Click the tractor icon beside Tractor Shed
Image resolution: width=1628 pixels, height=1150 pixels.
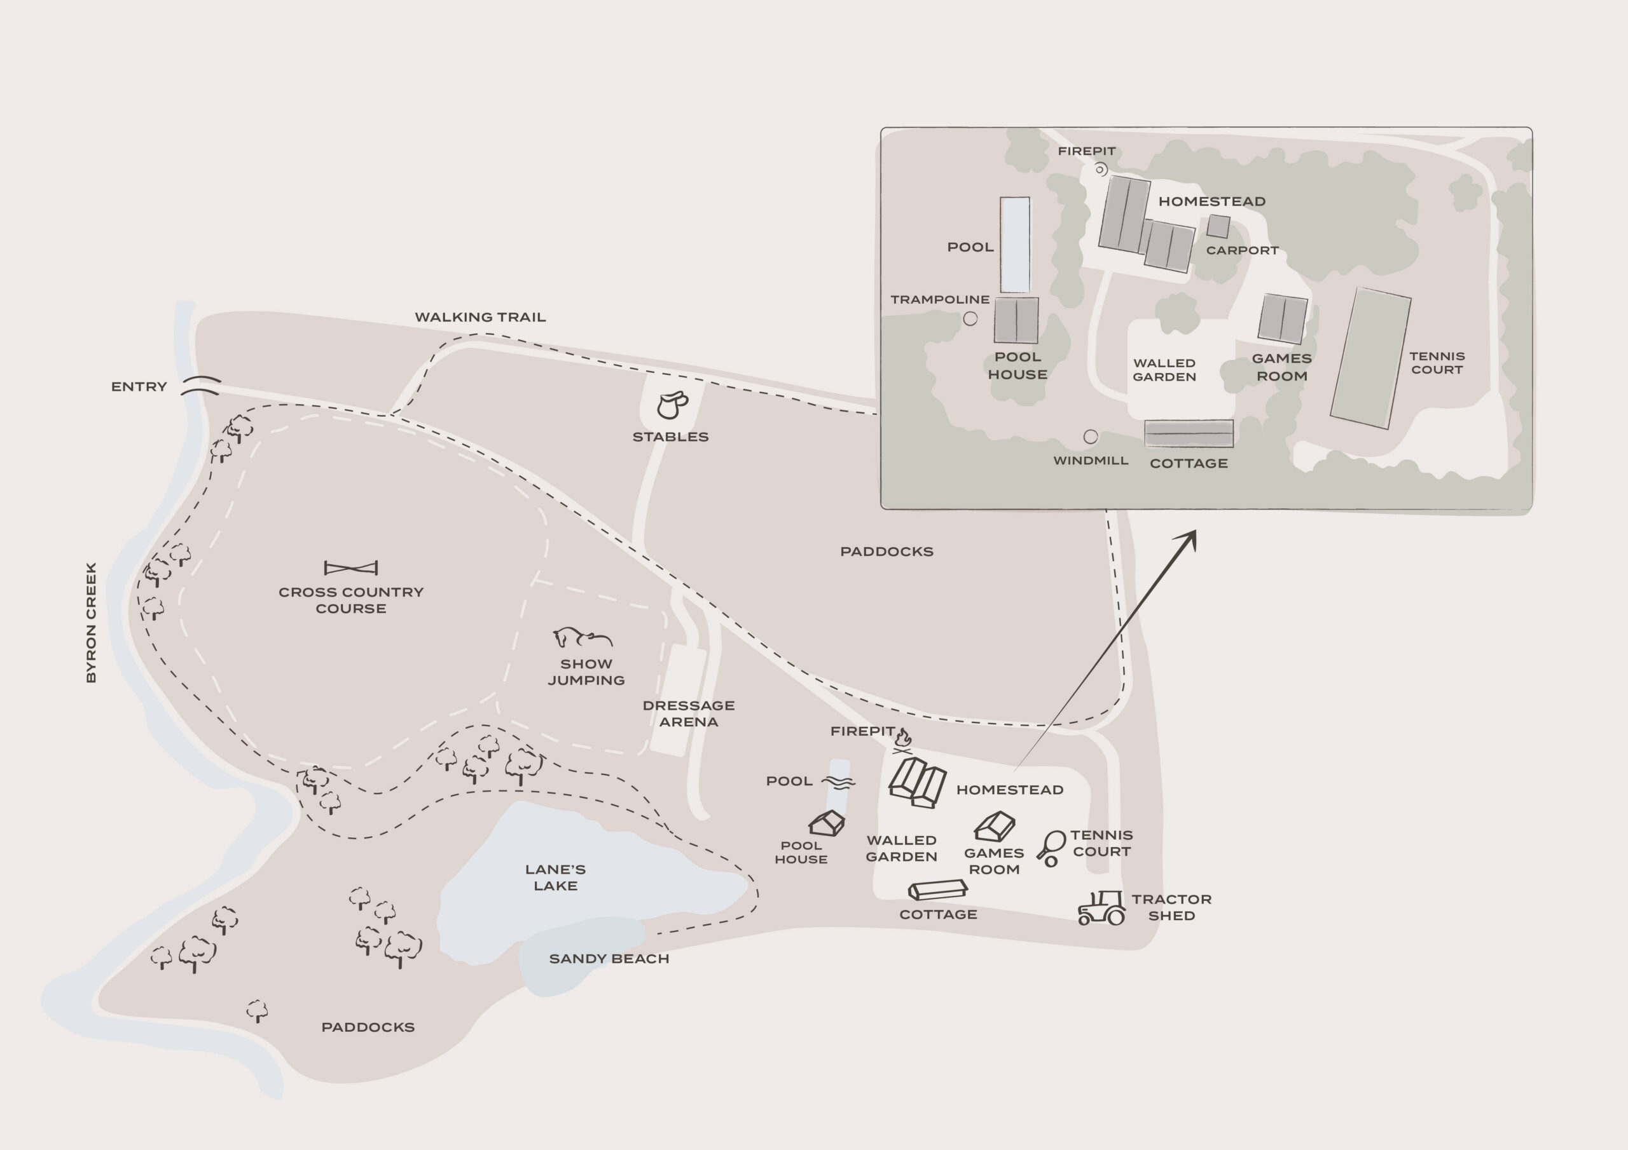1101,908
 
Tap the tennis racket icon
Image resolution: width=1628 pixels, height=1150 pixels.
1051,849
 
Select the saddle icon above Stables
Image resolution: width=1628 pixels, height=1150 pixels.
672,405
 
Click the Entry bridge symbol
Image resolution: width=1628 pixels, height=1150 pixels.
201,386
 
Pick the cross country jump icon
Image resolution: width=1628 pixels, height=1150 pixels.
351,567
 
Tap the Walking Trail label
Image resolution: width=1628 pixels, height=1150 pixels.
480,318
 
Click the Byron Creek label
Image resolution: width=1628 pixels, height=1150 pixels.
91,623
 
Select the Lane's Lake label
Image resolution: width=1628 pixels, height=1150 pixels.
555,877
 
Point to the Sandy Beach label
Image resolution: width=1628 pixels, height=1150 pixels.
609,959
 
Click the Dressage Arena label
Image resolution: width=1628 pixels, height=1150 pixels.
689,714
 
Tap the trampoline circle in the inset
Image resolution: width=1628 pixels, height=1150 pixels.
970,319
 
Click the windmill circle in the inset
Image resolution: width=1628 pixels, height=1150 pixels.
1091,436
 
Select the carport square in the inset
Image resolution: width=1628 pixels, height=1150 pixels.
1218,226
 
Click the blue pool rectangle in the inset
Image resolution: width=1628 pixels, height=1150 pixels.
1015,245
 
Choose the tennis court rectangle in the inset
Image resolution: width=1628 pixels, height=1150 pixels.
1370,358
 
